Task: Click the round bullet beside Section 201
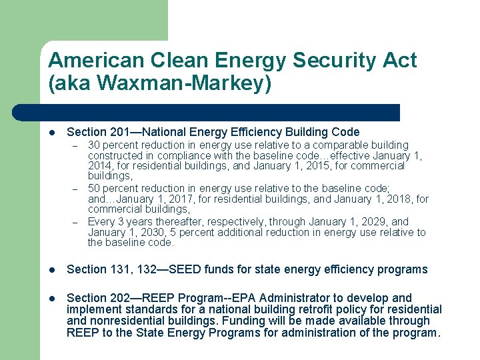click(x=52, y=133)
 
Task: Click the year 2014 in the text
click(x=99, y=165)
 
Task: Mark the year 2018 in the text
click(x=396, y=199)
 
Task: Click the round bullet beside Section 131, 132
click(x=52, y=270)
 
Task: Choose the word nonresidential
click(x=127, y=321)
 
